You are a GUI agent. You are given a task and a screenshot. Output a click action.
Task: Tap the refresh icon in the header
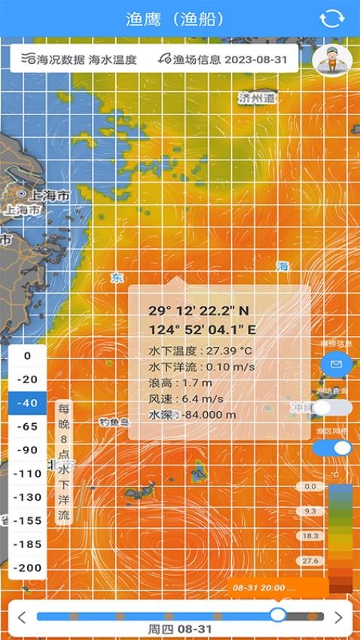[x=331, y=19]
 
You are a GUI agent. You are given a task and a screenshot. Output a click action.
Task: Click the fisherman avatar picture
[x=332, y=59]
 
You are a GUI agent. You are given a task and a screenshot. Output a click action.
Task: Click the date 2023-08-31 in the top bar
[x=255, y=59]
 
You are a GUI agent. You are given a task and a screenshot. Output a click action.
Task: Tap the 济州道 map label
[x=257, y=98]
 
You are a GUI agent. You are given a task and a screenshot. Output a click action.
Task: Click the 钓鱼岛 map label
[x=114, y=422]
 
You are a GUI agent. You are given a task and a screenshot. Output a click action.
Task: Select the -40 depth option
[x=29, y=403]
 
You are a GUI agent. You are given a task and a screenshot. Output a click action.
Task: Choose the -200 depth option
[x=29, y=567]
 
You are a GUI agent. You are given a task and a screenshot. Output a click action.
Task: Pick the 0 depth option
[x=29, y=356]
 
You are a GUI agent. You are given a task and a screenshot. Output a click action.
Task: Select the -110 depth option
[x=29, y=474]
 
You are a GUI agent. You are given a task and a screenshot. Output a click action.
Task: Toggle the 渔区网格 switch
[x=332, y=448]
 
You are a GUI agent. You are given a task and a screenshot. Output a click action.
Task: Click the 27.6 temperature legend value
[x=310, y=560]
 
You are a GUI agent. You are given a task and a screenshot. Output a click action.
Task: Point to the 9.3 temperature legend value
[x=310, y=511]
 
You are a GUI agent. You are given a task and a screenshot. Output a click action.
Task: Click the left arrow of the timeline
[x=22, y=617]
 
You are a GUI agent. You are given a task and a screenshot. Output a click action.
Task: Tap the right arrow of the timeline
[x=338, y=617]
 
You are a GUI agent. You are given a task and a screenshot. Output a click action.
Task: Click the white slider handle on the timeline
[x=278, y=614]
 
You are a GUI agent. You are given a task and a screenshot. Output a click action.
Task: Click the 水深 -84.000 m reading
[x=192, y=414]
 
